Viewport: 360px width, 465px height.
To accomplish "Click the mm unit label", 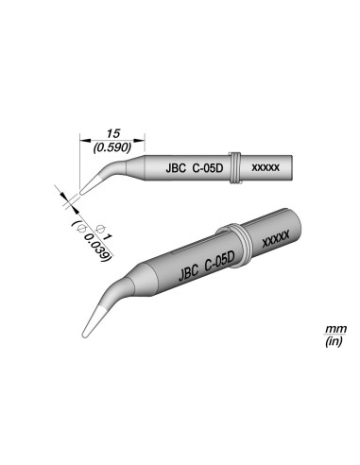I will point(335,328).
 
